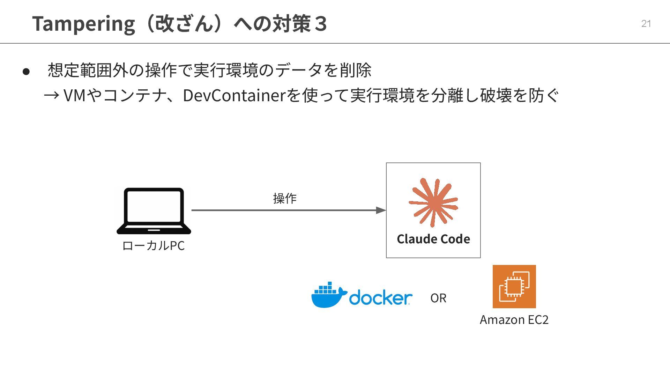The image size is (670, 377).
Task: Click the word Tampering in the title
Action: (83, 24)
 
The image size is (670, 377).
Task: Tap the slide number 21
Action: (646, 23)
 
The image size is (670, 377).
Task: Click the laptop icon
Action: (154, 211)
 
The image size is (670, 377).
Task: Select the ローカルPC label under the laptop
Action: (153, 246)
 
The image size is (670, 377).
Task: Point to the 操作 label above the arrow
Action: (285, 198)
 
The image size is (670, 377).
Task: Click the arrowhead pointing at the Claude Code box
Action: (381, 210)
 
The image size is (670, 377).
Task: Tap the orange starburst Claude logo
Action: (433, 202)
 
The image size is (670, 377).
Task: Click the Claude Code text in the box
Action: (433, 239)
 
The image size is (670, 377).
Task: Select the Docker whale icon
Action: (328, 295)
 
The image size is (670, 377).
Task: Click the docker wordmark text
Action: (380, 298)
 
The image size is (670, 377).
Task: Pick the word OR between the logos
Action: (438, 298)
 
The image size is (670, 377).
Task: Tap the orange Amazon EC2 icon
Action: (514, 287)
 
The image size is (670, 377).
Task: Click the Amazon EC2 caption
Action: (514, 320)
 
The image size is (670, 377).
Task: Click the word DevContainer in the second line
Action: (234, 95)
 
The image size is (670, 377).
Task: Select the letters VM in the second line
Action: (75, 95)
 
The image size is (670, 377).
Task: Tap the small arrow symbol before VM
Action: (51, 95)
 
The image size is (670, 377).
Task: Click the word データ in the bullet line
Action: (299, 70)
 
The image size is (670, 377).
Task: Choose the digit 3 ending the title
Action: (320, 24)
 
